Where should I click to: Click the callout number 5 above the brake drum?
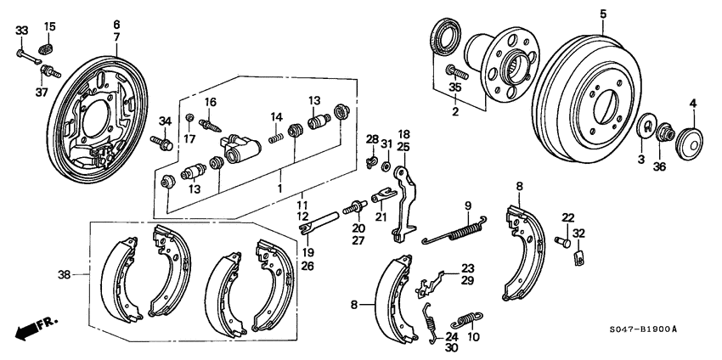click(603, 14)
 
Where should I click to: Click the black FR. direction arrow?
click(30, 327)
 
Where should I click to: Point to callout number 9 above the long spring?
click(466, 205)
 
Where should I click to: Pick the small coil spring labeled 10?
click(465, 322)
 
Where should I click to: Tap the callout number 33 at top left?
click(21, 31)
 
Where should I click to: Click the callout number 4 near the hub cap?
click(692, 104)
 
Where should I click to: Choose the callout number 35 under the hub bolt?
click(455, 87)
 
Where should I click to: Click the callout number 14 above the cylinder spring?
click(276, 117)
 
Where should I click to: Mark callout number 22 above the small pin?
click(567, 217)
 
